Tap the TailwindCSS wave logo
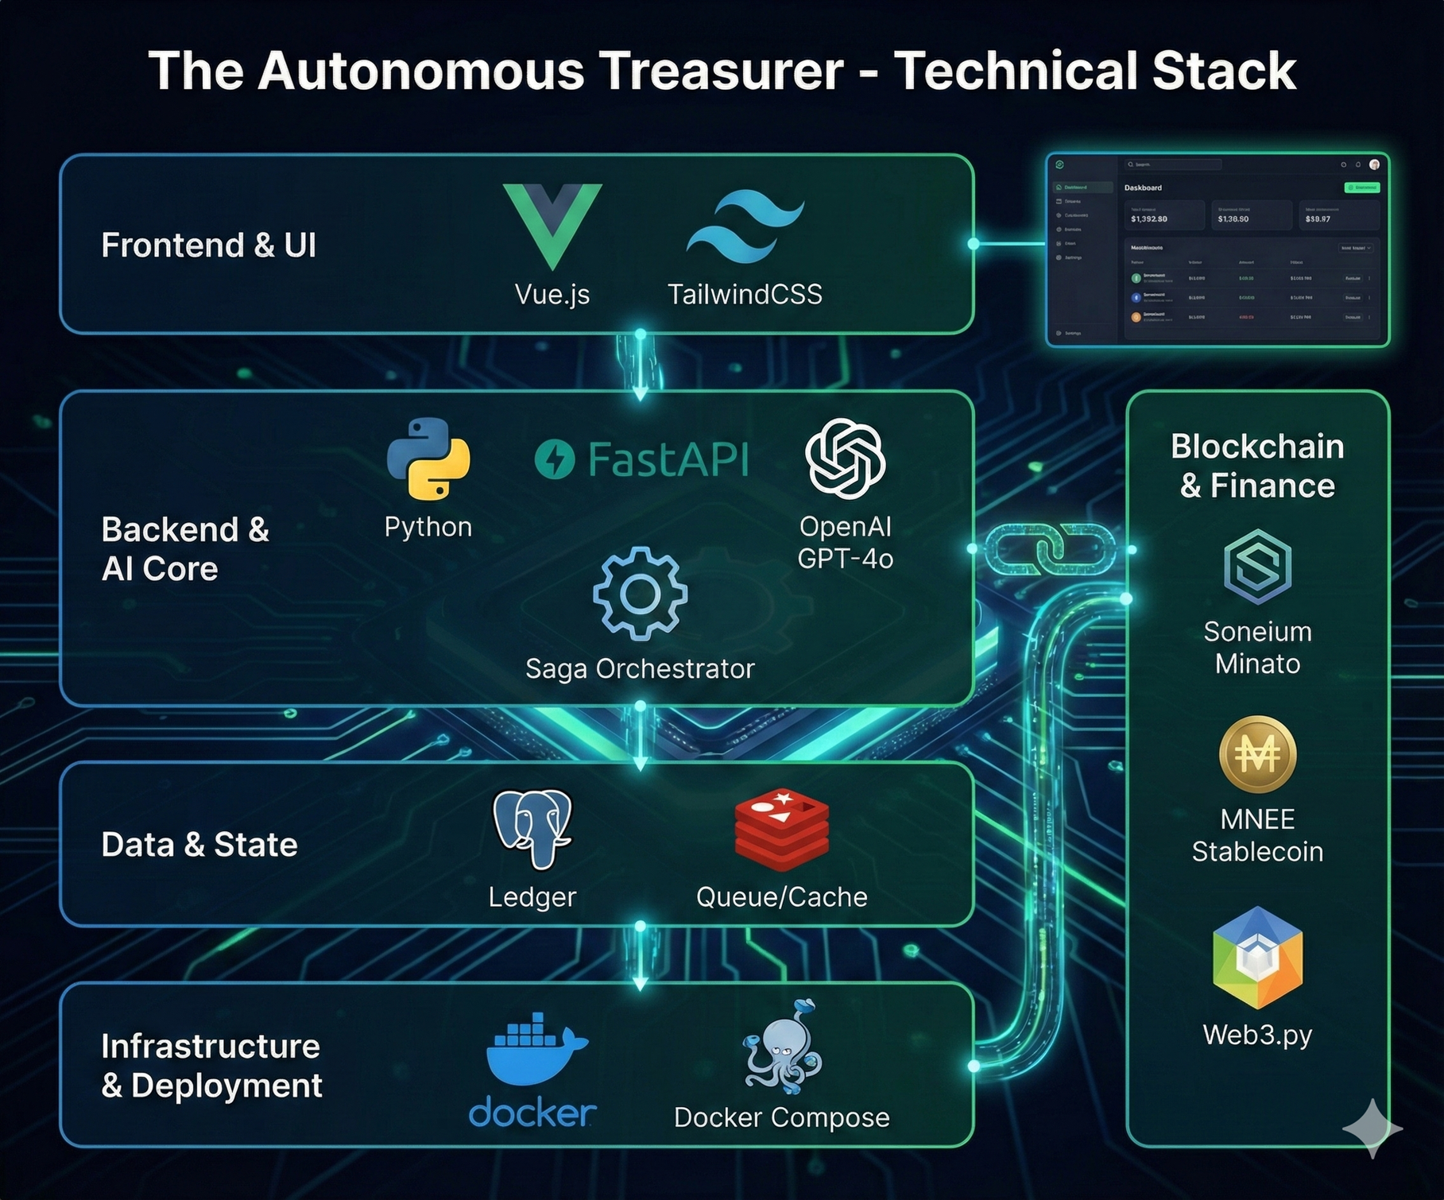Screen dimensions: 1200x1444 (x=745, y=226)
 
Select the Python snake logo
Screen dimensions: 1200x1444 (x=428, y=459)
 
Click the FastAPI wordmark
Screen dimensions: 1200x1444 (x=642, y=459)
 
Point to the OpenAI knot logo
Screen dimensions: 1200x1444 (x=845, y=459)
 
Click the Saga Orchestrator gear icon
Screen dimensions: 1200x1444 (x=640, y=594)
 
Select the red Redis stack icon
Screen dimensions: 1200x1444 (x=782, y=830)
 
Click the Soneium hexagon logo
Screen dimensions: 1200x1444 (x=1257, y=565)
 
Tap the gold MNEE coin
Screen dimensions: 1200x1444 (x=1257, y=754)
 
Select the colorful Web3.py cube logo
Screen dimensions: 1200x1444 (x=1257, y=958)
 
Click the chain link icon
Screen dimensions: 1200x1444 (x=1051, y=548)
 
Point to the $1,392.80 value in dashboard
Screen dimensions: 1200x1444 (x=1149, y=219)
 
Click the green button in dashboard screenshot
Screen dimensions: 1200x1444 (x=1361, y=188)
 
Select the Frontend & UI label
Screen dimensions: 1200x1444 (x=208, y=245)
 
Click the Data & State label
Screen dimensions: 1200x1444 (x=199, y=844)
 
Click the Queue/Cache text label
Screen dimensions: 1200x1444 (x=782, y=896)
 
